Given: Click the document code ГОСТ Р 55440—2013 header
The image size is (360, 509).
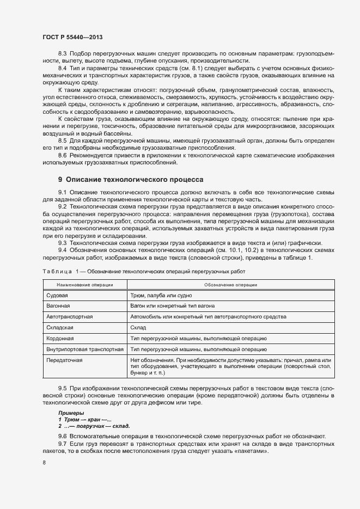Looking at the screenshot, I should (x=72, y=38).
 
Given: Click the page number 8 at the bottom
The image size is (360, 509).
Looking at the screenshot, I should (x=44, y=463).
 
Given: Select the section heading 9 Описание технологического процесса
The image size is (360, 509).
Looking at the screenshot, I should (x=131, y=179).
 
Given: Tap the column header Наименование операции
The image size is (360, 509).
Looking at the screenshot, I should (x=85, y=285).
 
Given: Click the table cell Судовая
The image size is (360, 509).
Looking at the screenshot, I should (x=57, y=296).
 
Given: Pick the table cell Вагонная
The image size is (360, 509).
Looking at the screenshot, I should (x=59, y=306).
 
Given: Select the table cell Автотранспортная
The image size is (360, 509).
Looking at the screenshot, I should (x=70, y=316).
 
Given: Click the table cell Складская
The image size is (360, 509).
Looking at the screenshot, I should (x=60, y=328).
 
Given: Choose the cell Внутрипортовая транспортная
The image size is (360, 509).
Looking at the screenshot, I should (x=85, y=349).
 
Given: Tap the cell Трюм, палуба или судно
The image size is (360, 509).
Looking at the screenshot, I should (x=162, y=296).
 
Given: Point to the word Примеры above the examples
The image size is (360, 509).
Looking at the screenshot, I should (x=71, y=414).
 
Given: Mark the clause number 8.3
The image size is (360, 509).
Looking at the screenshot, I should (x=62, y=54).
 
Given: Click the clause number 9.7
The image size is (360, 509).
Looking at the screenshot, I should (x=62, y=445).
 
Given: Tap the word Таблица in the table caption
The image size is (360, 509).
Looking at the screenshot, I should (x=57, y=271).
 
